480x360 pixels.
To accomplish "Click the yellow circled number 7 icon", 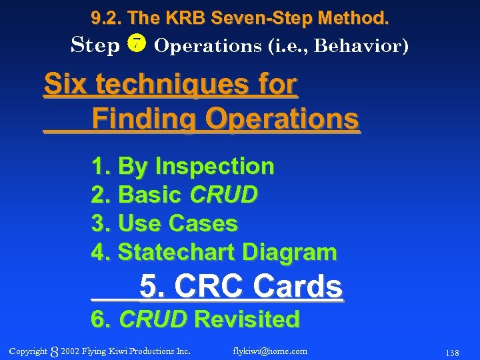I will [137, 45].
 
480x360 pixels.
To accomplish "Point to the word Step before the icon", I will [95, 45].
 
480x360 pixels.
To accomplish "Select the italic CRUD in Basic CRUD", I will [223, 195].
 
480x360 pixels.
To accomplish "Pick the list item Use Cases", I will [177, 223].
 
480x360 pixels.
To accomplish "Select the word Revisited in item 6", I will [246, 319].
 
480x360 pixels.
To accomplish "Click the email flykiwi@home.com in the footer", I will [270, 351].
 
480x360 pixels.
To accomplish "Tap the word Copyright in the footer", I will [28, 351].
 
